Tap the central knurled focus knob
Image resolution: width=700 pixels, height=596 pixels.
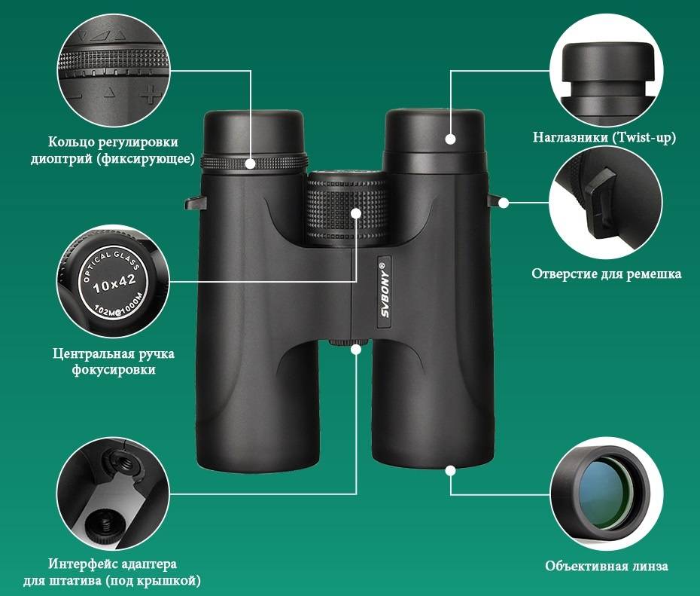346,209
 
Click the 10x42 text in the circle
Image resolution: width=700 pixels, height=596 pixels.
114,283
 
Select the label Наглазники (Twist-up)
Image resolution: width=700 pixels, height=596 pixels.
604,138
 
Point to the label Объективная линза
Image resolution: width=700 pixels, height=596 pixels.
606,566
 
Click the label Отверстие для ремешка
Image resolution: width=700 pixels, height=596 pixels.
606,274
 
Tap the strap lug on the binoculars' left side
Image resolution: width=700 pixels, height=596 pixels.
195,203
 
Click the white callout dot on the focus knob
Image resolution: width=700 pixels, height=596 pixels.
356,213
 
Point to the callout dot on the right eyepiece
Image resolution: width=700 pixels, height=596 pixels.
450,139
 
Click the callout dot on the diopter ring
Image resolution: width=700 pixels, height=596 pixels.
251,164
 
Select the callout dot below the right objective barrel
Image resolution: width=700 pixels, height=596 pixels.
450,470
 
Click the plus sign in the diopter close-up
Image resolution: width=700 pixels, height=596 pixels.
151,93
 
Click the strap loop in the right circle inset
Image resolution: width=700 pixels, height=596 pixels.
601,202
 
